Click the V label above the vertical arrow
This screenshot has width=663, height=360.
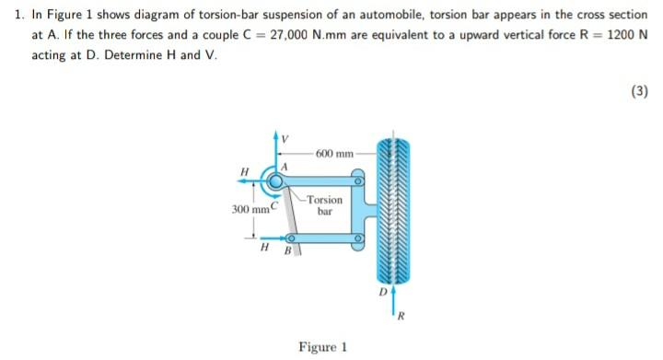click(285, 140)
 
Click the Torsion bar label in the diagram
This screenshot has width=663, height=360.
click(324, 204)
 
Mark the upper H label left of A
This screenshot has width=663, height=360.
click(244, 170)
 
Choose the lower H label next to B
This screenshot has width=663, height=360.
click(265, 249)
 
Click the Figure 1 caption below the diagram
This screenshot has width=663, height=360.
click(322, 347)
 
